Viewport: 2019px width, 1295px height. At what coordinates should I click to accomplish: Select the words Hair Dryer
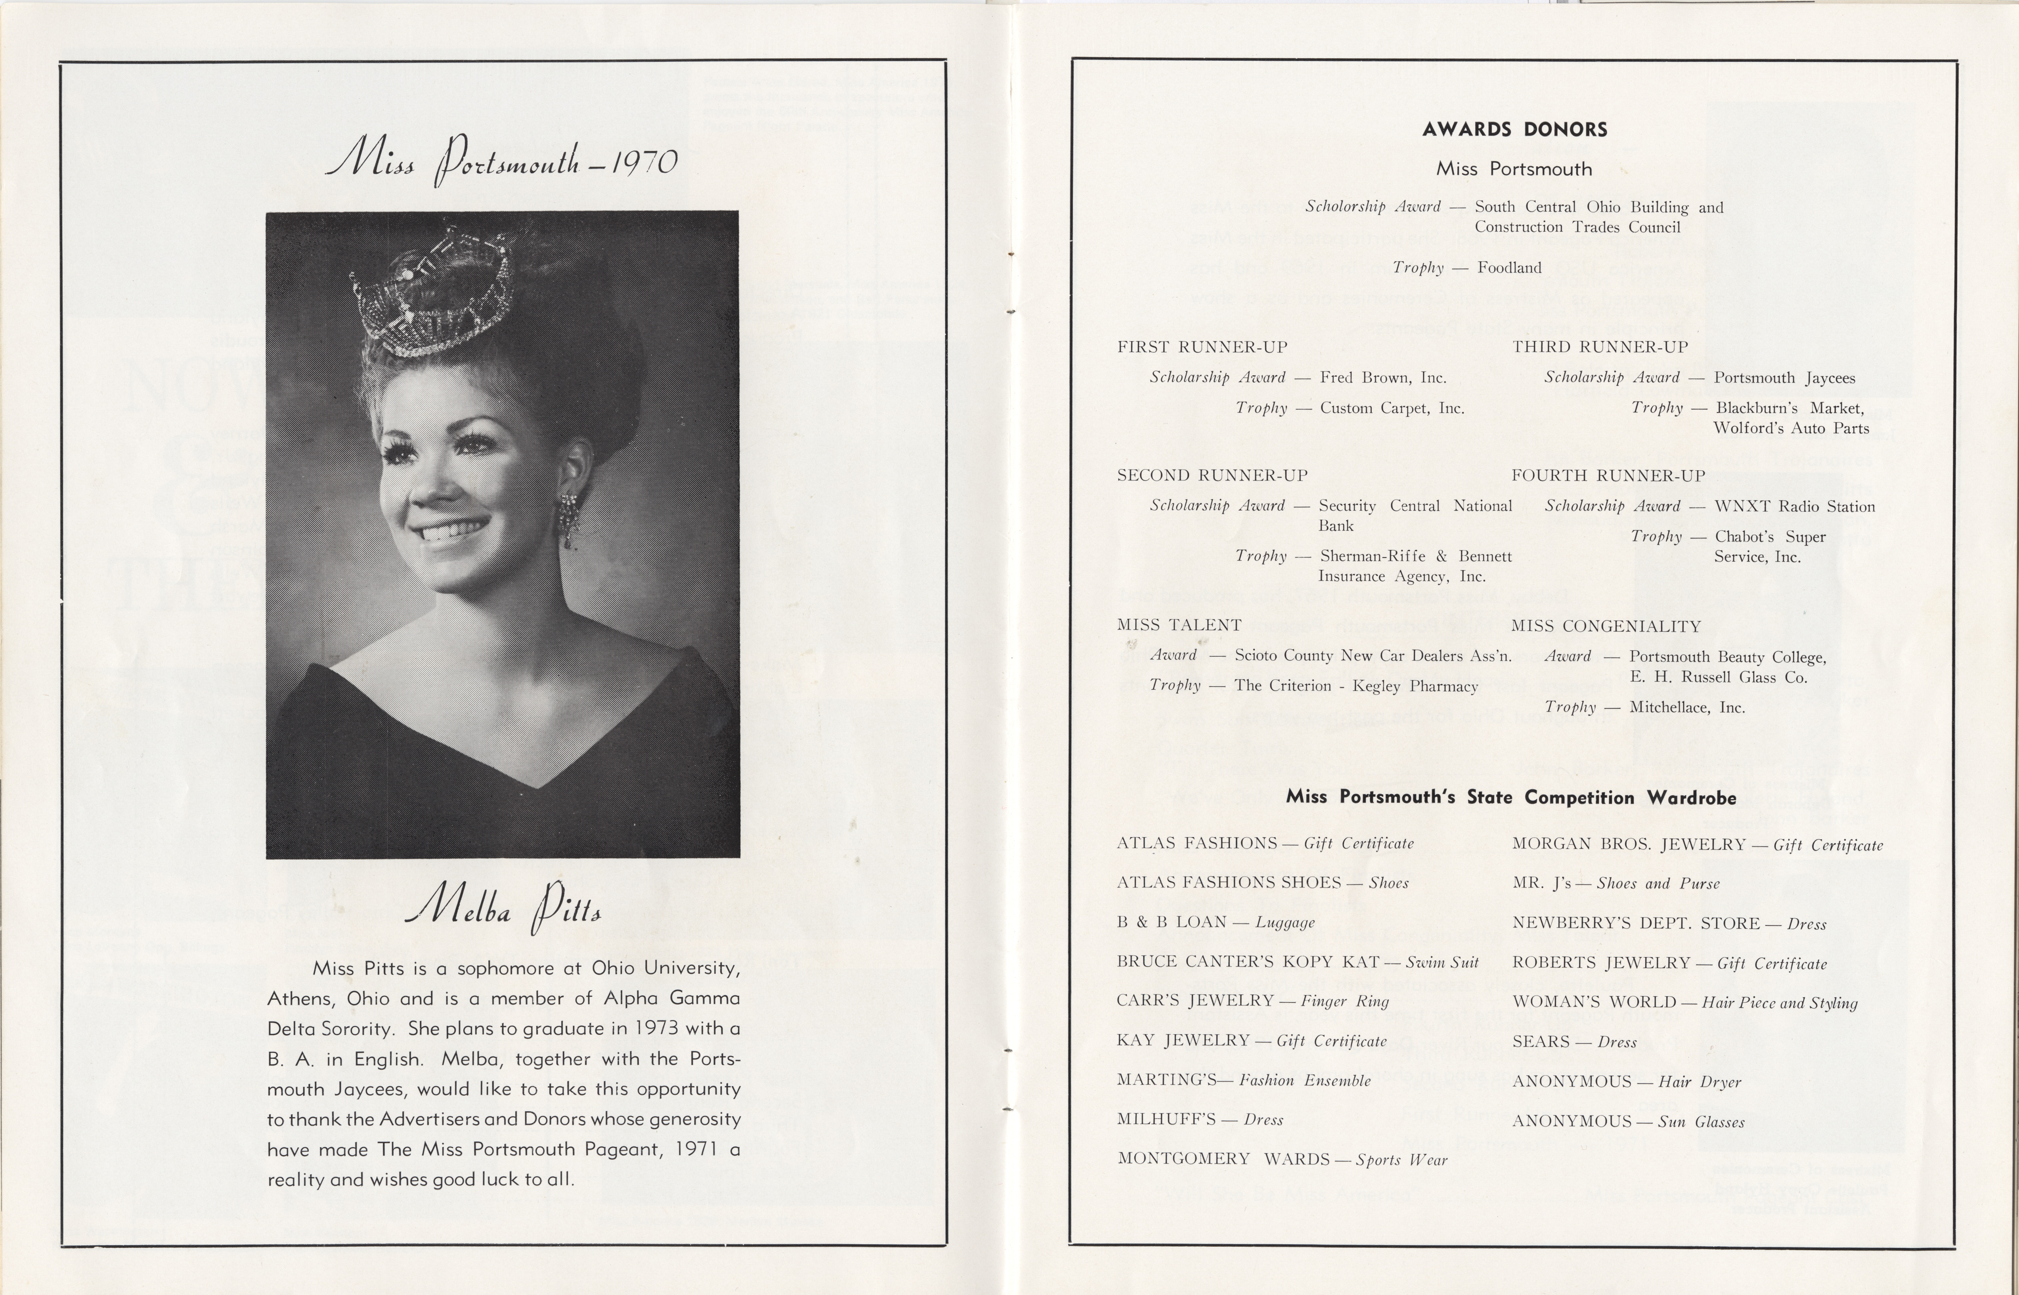click(1699, 1082)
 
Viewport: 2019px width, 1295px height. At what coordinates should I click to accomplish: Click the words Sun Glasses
click(1701, 1122)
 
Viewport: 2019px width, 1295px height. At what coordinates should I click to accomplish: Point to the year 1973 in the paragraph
click(656, 1028)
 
